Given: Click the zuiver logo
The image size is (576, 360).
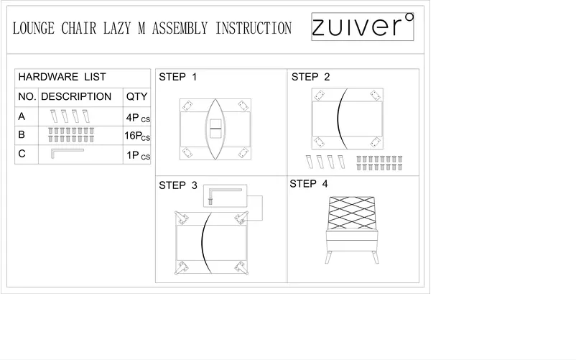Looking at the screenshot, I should point(363,27).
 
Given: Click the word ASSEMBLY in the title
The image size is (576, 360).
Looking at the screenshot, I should point(180,29).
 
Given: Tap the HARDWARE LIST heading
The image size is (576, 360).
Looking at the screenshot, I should point(62,77).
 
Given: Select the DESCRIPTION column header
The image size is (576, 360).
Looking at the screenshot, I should point(76,96).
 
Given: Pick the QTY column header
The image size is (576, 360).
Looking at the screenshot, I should point(136,96).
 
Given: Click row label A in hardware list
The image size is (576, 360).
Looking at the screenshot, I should point(22,116).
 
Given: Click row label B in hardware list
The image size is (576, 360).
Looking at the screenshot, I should point(22,134).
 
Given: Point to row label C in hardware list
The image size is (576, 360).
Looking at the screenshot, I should point(22,154).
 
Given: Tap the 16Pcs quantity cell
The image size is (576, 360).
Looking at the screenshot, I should point(137,136).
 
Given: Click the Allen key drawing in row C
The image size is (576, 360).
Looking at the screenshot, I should point(66,152).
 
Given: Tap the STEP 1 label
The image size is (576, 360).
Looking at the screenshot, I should point(177,76).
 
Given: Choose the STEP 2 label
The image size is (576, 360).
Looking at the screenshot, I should point(310,76).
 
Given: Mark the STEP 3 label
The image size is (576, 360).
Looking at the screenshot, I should point(177,185).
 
